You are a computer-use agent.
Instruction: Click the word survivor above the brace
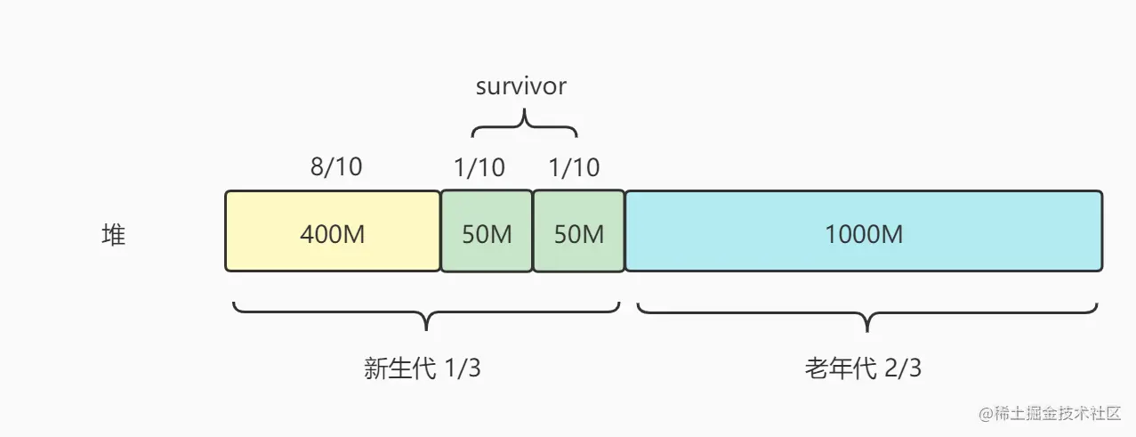coord(521,86)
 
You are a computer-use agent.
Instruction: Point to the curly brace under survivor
coord(524,123)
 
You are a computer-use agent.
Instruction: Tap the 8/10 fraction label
coord(336,166)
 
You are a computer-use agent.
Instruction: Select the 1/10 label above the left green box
coord(479,166)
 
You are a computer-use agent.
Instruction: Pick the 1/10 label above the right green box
coord(575,166)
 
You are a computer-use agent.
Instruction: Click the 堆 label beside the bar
coord(114,235)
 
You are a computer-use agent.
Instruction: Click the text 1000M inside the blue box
coord(864,235)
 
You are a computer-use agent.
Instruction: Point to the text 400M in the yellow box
coord(333,235)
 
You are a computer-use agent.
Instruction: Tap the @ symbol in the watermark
coord(986,414)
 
